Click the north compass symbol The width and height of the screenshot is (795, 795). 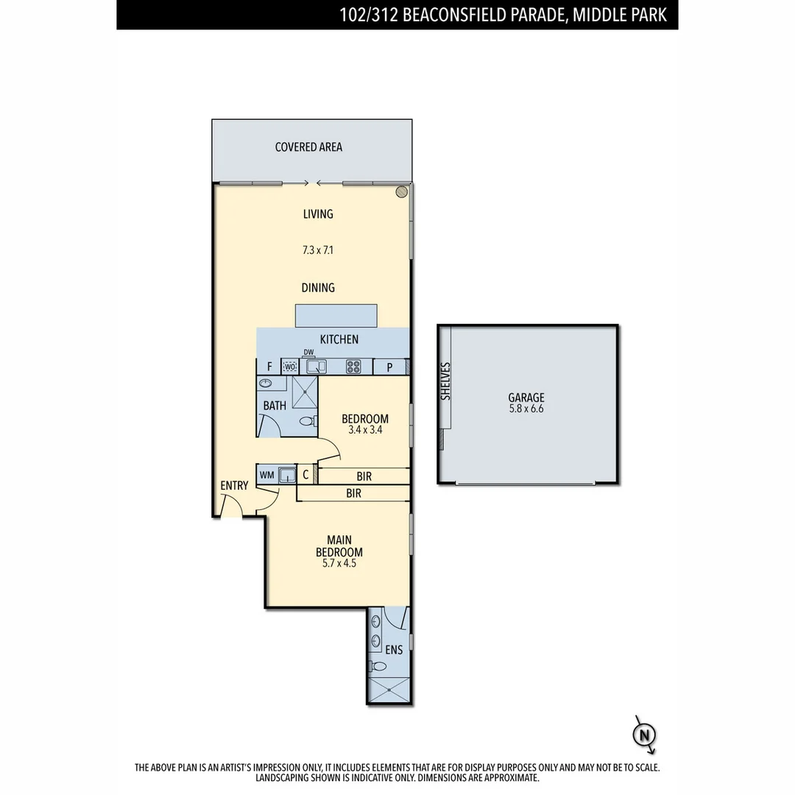646,735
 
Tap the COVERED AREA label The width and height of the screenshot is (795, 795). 308,147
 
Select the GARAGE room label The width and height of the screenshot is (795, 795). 526,398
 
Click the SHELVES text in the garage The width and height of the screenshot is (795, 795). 445,381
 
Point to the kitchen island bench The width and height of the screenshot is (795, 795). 336,315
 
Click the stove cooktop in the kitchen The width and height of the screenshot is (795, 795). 353,367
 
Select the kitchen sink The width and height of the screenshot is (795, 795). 317,367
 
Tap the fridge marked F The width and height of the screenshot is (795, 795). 269,367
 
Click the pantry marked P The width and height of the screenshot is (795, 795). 389,367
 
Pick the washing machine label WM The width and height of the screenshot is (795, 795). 266,475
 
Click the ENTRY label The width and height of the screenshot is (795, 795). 234,486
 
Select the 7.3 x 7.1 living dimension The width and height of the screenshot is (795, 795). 318,250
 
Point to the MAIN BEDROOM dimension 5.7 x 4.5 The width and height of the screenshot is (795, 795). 339,565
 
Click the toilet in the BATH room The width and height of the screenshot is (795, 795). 307,421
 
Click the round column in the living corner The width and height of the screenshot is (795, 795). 401,192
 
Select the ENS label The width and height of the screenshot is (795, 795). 394,650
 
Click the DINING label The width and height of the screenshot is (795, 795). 318,288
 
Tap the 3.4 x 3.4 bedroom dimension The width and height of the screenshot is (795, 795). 364,430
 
